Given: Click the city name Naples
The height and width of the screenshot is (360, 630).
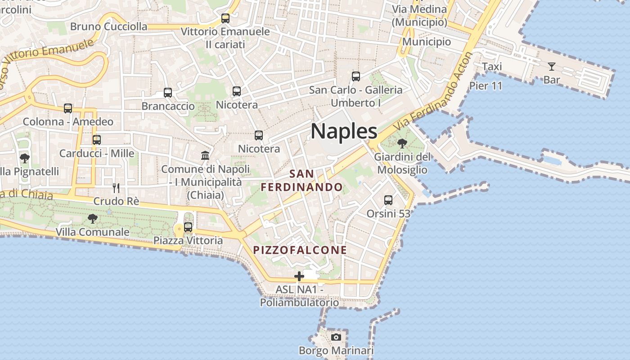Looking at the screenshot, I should (344, 131).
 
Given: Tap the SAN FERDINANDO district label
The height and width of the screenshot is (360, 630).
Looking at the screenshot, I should (302, 180).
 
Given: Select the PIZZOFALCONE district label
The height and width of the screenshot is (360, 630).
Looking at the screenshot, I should (300, 250).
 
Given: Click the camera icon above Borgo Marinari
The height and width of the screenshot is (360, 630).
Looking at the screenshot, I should (336, 337).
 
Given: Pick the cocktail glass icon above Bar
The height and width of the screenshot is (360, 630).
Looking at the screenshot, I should (552, 67).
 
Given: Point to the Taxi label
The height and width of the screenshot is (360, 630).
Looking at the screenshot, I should (492, 67).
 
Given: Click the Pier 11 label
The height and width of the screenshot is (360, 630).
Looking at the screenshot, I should (486, 85).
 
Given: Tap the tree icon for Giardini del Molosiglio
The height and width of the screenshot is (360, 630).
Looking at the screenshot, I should (402, 144).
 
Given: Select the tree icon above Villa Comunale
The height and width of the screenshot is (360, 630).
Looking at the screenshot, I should (93, 219).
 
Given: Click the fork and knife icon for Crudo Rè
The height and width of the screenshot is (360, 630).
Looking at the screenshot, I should (116, 188).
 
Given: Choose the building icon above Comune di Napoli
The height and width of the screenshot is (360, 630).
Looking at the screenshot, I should (205, 155).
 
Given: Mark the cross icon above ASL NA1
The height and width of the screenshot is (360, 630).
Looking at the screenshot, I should (299, 276).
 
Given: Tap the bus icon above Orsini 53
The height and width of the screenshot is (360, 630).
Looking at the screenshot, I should (388, 200).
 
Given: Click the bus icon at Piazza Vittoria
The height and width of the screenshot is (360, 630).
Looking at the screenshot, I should (188, 227).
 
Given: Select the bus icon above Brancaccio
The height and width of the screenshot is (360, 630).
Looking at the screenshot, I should (168, 93).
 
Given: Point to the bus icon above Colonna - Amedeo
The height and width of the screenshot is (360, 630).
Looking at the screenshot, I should (68, 108).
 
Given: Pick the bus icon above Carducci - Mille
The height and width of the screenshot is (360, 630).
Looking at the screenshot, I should (97, 139).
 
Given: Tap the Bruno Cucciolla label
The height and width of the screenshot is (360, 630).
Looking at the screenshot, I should (108, 27).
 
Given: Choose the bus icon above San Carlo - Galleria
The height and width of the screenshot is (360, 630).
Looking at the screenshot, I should (356, 76).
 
